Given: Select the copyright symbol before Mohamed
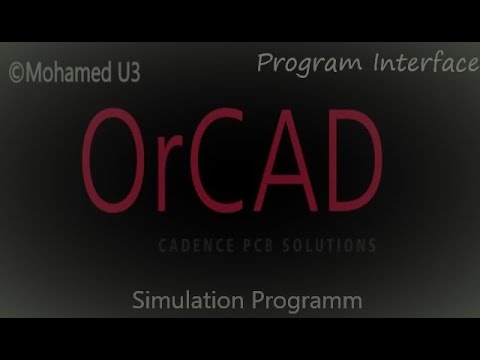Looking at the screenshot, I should point(16,72).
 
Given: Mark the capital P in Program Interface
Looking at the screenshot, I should point(265,64).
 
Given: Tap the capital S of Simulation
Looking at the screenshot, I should point(138,299).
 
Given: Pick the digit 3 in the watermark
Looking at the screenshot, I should point(133,72).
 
